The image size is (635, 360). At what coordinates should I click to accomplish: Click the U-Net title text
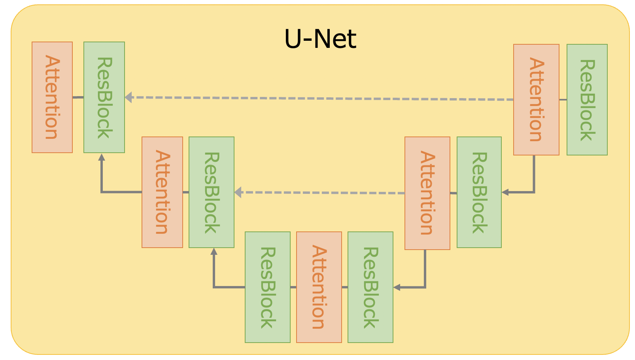click(320, 39)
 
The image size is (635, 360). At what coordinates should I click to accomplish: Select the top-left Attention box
click(52, 97)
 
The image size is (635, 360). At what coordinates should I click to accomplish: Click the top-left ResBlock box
click(104, 97)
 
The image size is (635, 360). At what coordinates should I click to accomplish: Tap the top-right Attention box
click(536, 100)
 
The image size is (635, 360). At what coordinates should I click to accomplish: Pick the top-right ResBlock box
click(587, 100)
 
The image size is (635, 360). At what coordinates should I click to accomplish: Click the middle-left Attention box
click(162, 192)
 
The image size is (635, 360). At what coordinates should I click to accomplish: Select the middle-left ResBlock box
click(212, 192)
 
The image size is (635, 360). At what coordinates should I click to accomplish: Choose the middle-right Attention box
click(427, 193)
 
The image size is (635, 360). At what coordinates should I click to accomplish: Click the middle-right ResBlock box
click(479, 192)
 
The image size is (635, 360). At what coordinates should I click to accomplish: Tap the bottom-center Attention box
click(319, 287)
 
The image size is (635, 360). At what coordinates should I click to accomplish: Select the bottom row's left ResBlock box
click(268, 287)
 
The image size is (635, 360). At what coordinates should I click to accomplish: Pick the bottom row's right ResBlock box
click(370, 287)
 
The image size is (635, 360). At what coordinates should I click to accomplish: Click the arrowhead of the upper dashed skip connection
click(129, 97)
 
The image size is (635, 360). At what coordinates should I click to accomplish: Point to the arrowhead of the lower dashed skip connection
click(238, 193)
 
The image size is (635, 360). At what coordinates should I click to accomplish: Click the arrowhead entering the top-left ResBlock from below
click(102, 157)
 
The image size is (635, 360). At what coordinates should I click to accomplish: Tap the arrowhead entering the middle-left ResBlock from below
click(214, 251)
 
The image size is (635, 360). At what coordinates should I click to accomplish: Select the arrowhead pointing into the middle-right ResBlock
click(505, 193)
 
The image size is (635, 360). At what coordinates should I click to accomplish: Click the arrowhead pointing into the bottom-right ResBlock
click(397, 288)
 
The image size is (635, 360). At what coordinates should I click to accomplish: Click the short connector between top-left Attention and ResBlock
click(78, 97)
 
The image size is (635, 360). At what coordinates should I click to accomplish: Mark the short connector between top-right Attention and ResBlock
click(563, 100)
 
